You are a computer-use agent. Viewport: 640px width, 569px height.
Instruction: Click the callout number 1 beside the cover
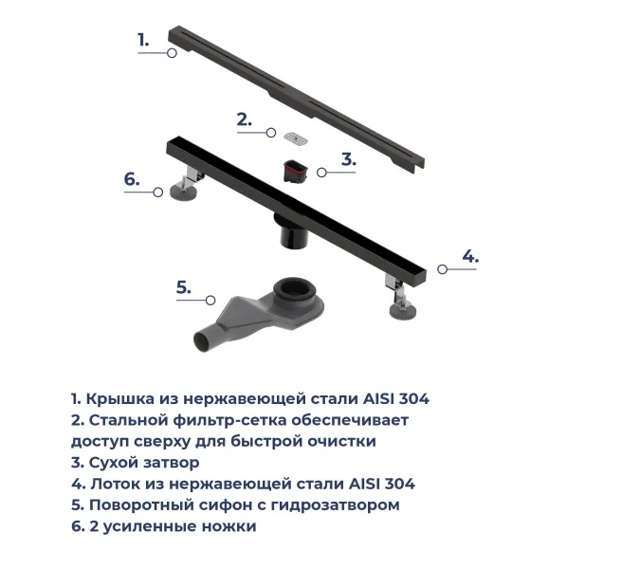[x=143, y=40]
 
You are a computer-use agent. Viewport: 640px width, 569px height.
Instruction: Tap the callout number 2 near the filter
[x=245, y=119]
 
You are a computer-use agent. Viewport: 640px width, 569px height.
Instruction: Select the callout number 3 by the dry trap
[x=349, y=159]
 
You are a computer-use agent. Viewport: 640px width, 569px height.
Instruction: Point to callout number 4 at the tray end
[x=470, y=256]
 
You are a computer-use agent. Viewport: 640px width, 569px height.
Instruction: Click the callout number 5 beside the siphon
[x=184, y=287]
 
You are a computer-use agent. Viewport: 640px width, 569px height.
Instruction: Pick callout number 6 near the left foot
[x=132, y=178]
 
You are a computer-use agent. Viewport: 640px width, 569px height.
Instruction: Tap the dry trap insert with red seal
[x=295, y=172]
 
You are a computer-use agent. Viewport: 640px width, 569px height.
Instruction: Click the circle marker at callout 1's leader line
[x=172, y=54]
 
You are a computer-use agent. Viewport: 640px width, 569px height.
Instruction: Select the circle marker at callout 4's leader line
[x=442, y=270]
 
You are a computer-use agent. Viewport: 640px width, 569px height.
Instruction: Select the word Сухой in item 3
[x=113, y=463]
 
